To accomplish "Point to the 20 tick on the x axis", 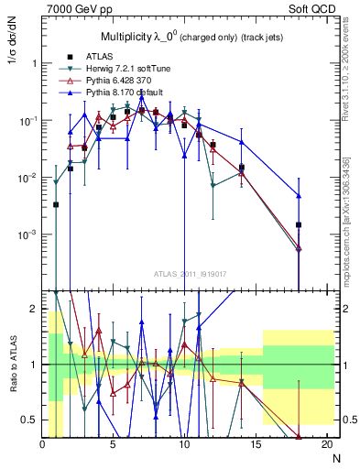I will coord(327,444).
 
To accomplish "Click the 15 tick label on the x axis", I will coord(256,444).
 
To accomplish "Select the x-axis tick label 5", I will coord(113,444).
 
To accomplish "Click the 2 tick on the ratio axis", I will coord(34,310).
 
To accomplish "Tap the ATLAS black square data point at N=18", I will coord(299,224).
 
